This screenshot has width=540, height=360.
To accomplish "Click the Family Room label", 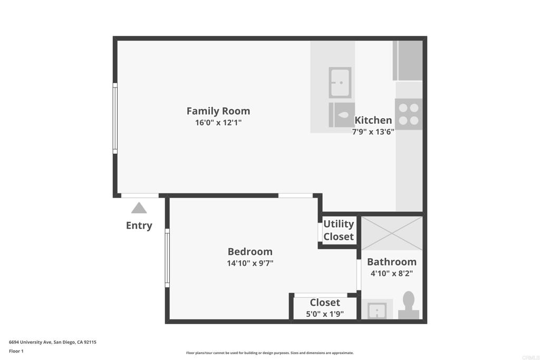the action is click(218, 111).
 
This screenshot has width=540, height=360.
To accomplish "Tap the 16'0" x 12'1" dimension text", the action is click(218, 122).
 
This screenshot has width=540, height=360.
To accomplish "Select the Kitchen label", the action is click(373, 120).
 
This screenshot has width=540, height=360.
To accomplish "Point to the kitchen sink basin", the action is click(340, 83).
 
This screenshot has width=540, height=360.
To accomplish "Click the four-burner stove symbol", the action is click(409, 114).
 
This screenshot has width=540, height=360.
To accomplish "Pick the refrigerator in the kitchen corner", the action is click(408, 61).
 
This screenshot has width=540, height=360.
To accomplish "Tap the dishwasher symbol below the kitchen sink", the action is click(342, 115).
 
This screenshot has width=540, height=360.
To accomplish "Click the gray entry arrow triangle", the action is click(139, 208).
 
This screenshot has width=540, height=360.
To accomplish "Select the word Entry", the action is click(139, 226).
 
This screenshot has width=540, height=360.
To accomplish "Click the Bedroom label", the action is click(250, 251).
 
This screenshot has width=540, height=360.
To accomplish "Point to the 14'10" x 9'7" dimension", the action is click(250, 264).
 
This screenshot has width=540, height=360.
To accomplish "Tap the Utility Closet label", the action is click(339, 230).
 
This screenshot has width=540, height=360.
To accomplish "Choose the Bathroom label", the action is click(392, 262).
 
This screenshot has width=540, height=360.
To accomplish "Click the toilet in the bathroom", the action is click(409, 305).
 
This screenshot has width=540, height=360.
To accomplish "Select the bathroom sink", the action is click(377, 310).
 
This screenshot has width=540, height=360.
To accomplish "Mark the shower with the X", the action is click(392, 233).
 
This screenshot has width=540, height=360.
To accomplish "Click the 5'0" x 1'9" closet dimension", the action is click(325, 314).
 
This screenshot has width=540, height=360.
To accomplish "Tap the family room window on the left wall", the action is click(115, 118).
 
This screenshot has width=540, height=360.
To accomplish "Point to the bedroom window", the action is click(167, 258).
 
